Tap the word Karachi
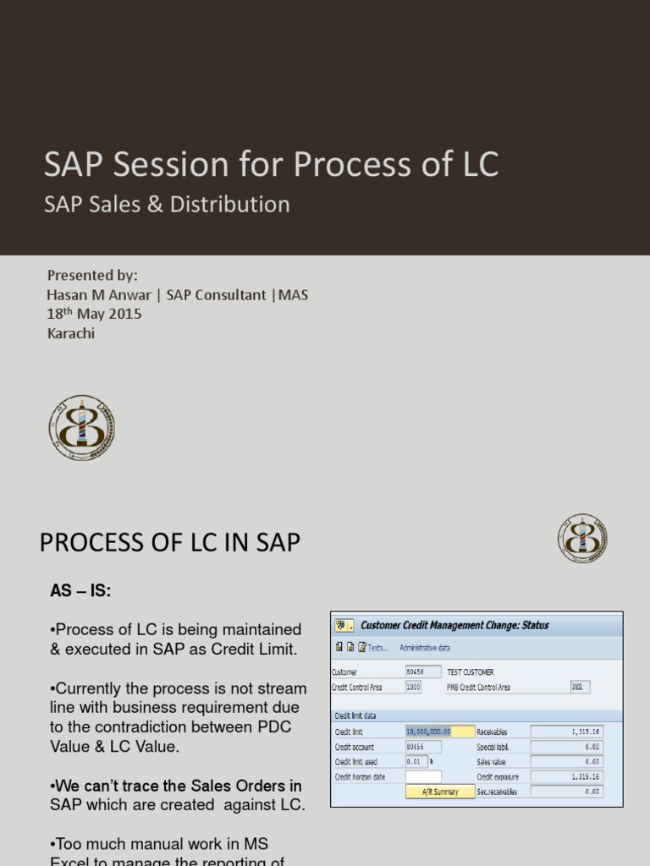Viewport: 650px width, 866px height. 71,332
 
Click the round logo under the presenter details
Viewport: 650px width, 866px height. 81,428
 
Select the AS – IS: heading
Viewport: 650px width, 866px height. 80,592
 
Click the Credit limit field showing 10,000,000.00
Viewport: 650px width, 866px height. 429,732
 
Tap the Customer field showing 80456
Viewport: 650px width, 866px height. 422,671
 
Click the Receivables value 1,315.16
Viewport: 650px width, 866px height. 566,732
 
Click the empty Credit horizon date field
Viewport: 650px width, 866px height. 422,776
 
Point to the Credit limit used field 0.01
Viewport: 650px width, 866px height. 416,761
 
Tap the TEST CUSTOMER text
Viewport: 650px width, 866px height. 471,671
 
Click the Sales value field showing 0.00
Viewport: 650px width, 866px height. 566,761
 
